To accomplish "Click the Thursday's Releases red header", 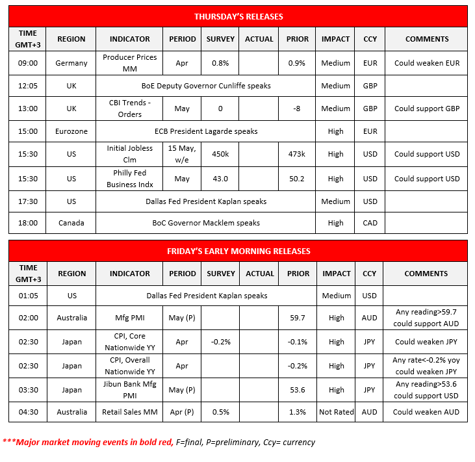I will pyautogui.click(x=238, y=16).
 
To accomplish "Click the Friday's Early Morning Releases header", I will pyautogui.click(x=238, y=251).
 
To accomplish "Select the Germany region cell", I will pyautogui.click(x=71, y=64).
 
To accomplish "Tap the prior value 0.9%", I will pyautogui.click(x=297, y=64).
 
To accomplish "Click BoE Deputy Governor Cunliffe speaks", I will pyautogui.click(x=206, y=86).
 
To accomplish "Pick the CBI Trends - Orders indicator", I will pyautogui.click(x=129, y=109).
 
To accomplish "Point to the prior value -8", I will pyautogui.click(x=297, y=109).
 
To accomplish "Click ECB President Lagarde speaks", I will pyautogui.click(x=206, y=131).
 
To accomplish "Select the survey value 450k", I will pyautogui.click(x=220, y=154).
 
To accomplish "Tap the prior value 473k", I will pyautogui.click(x=297, y=154).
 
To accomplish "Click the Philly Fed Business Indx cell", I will pyautogui.click(x=129, y=179).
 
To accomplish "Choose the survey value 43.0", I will pyautogui.click(x=220, y=179).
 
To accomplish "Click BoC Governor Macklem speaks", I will pyautogui.click(x=206, y=223).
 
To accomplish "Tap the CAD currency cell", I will pyautogui.click(x=369, y=223).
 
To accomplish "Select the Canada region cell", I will pyautogui.click(x=71, y=223).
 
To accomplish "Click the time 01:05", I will pyautogui.click(x=29, y=296).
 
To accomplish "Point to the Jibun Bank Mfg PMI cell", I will pyautogui.click(x=129, y=390).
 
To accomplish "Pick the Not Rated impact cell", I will pyautogui.click(x=336, y=412).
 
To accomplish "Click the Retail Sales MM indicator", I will pyautogui.click(x=129, y=412).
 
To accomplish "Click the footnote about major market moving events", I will pyautogui.click(x=159, y=442).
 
